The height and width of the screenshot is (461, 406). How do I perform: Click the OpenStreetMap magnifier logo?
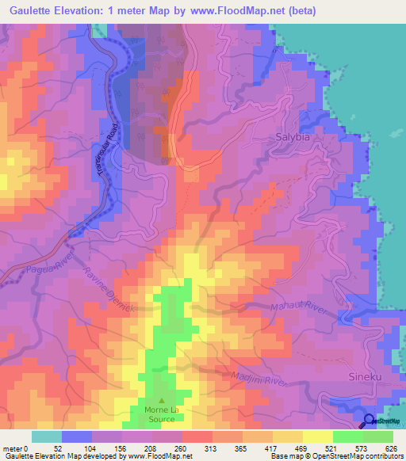coord(370,421)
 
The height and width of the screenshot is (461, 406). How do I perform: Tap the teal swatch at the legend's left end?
coord(46,436)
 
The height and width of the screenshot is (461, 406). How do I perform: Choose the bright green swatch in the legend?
coord(347,436)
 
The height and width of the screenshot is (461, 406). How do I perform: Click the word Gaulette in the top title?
coord(39,10)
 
